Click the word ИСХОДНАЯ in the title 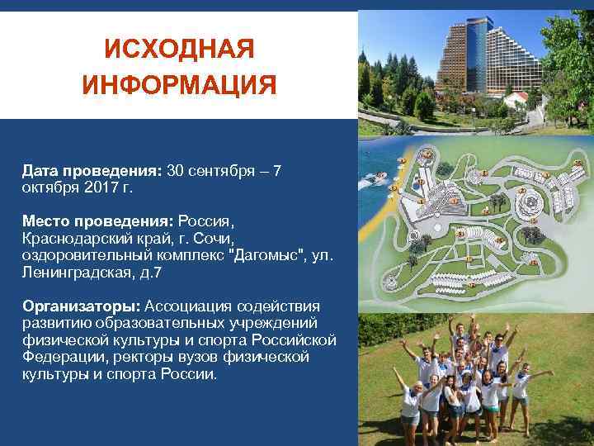click(179, 50)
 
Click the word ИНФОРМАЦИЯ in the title click(179, 84)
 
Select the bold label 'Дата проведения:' click(93, 171)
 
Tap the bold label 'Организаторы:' click(82, 306)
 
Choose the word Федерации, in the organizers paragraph click(61, 357)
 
